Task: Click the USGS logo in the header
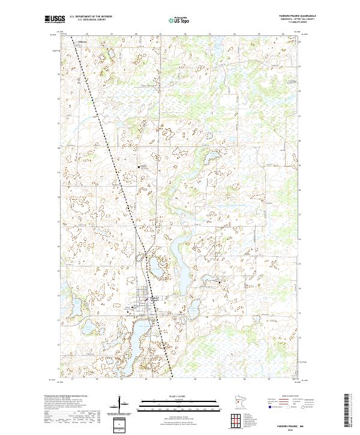tap(55, 20)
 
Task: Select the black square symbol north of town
tap(140, 166)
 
